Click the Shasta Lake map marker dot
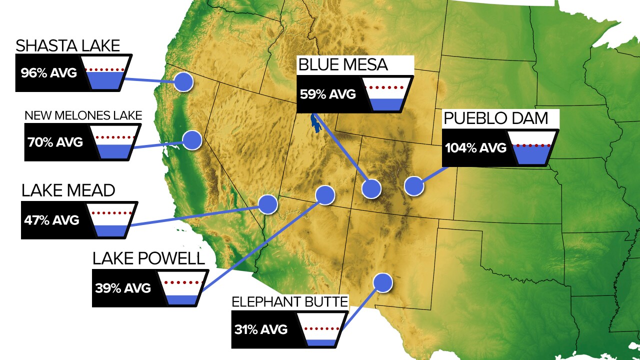(183, 81)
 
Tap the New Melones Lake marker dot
(191, 140)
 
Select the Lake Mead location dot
(267, 204)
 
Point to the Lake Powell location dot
(325, 194)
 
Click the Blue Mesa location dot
(371, 188)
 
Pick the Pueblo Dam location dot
(414, 185)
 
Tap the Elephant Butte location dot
(383, 283)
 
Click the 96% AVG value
(49, 73)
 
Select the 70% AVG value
(55, 141)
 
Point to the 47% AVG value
(51, 220)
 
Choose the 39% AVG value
(123, 288)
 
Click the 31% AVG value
(261, 329)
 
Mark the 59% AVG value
(327, 94)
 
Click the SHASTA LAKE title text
(68, 46)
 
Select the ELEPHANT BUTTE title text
(289, 302)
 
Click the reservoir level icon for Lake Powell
(182, 289)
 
